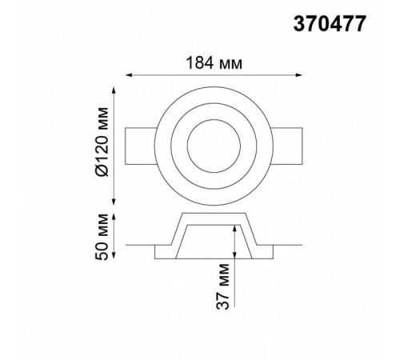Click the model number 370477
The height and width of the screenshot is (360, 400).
point(330,23)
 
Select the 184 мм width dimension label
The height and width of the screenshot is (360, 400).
point(214,63)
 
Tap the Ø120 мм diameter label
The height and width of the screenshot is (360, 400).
point(102,142)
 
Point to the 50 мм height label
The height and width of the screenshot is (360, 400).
point(102,237)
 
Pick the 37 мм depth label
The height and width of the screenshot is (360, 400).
point(222,286)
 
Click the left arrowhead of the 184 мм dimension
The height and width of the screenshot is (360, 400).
point(129,75)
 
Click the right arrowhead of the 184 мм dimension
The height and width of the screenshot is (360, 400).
point(298,75)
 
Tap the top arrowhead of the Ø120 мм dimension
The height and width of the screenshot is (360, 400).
point(114,90)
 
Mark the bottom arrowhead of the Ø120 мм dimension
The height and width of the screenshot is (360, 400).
point(114,202)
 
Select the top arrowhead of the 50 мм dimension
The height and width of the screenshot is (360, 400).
point(114,217)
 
